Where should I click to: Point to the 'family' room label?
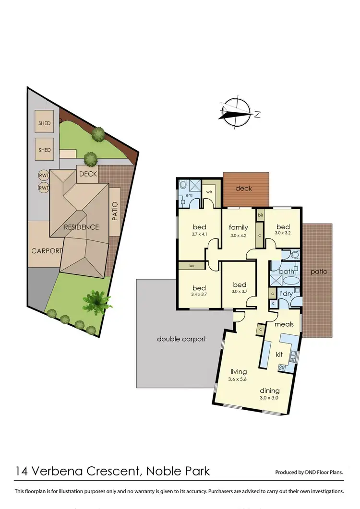(238, 227)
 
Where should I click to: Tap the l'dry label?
(287, 294)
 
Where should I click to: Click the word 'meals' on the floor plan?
(284, 324)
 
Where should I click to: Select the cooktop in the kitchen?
(282, 368)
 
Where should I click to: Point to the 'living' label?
(239, 372)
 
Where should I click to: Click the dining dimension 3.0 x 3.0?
(269, 398)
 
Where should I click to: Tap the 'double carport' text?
(181, 339)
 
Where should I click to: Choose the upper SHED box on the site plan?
(45, 123)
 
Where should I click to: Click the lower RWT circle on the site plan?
(44, 188)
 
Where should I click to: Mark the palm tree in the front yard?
(97, 301)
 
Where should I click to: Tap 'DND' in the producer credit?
(312, 473)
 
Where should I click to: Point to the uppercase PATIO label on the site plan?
(115, 211)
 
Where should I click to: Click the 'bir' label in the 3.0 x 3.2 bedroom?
(260, 216)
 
